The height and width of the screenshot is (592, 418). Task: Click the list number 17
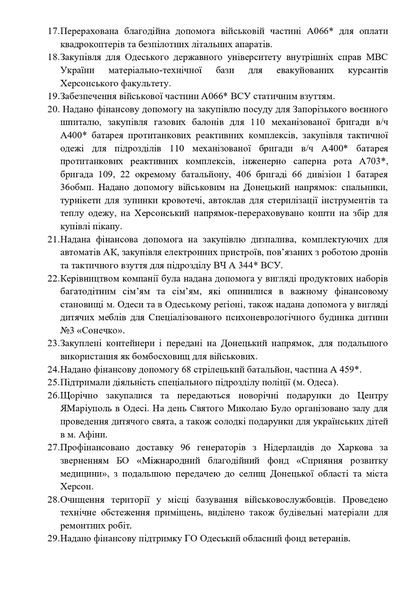coord(53,31)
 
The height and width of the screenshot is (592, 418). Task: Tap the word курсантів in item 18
coord(368,70)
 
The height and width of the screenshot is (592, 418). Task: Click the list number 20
coord(53,109)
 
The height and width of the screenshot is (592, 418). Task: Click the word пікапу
coord(108,226)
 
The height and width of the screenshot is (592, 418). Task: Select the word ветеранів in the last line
coord(329,538)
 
